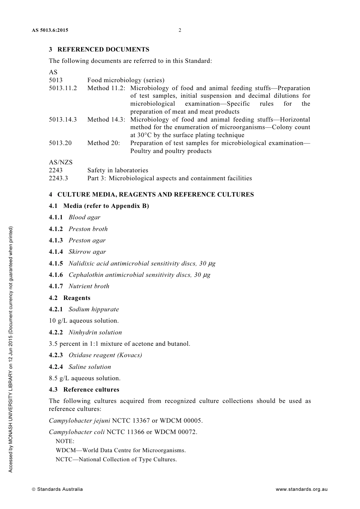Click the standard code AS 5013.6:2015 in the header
coord(50,30)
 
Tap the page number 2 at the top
coord(180,30)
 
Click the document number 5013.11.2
coord(63,88)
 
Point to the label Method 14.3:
coord(106,119)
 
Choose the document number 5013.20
coord(60,143)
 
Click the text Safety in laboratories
coord(117,170)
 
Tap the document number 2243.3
coord(58,178)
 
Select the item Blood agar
coord(84,217)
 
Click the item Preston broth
coord(88,229)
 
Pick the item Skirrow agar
coord(87,251)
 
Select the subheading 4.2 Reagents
coord(69,298)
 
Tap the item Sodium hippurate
coord(94,309)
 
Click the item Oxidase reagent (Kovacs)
coord(105,355)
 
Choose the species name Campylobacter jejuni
coord(79,420)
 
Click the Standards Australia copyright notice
coord(57,489)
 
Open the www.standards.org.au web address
coord(301,489)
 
